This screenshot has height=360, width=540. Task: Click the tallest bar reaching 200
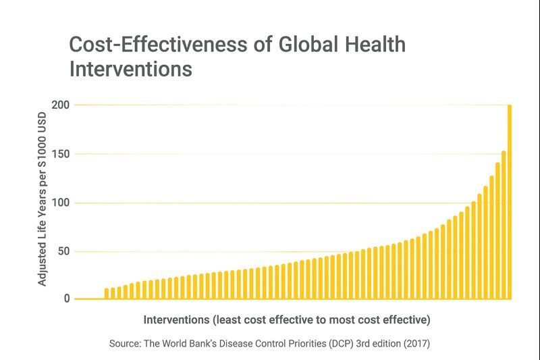click(510, 203)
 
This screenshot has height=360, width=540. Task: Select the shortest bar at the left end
click(107, 294)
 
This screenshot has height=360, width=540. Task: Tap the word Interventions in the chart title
click(130, 69)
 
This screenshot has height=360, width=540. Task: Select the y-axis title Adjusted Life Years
click(43, 230)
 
